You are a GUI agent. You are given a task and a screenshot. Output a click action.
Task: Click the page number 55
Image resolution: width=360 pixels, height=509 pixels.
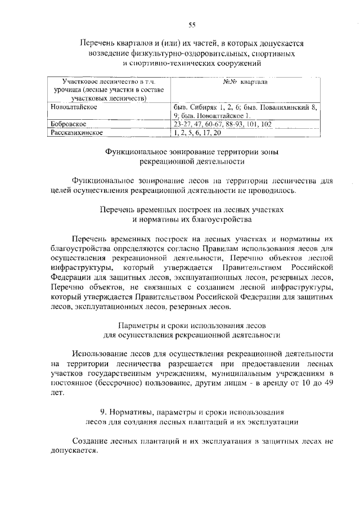click(192, 24)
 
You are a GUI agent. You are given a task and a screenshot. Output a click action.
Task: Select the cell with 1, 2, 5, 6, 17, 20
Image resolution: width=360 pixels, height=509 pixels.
click(197, 133)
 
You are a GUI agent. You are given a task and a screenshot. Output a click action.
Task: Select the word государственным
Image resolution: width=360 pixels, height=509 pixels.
click(138, 373)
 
